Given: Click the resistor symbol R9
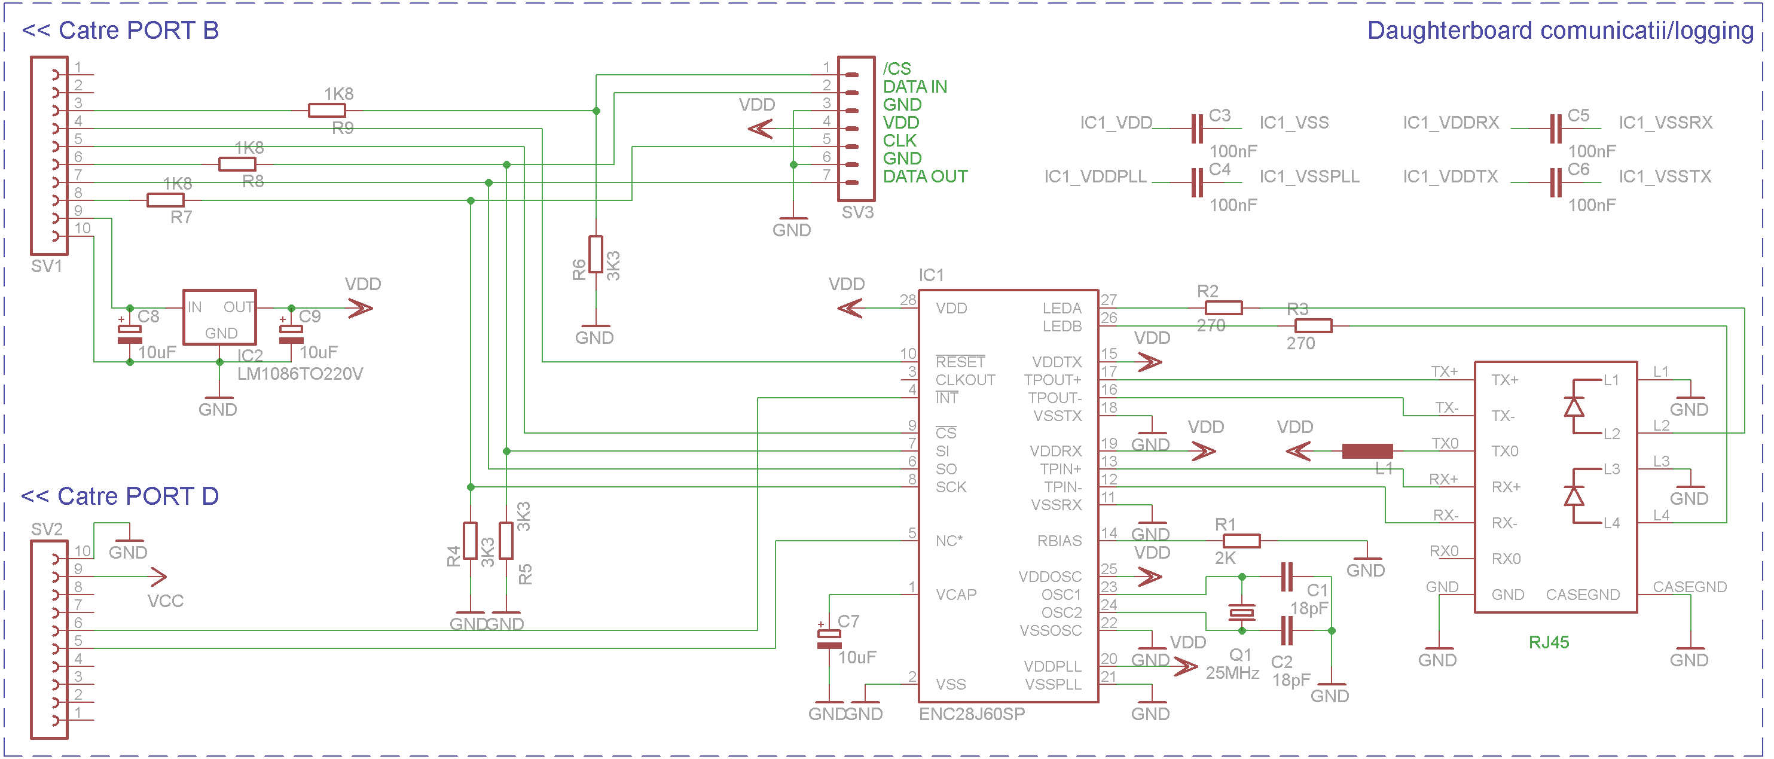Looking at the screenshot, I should pos(326,110).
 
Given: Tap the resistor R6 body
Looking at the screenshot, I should pos(596,254).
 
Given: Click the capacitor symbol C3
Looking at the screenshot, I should pos(1197,129).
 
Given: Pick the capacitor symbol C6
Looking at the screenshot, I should pos(1555,182).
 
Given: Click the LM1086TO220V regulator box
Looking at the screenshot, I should pos(219,318).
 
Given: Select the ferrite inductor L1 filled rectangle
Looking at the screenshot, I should pos(1367,451).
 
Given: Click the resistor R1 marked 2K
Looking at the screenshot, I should pos(1242,541).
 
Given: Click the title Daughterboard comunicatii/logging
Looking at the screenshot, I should pos(1560,31).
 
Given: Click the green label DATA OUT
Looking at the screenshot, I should pos(925,177).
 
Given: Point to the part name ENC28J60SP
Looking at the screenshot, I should pos(972,714).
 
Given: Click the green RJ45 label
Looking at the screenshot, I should pos(1548,642).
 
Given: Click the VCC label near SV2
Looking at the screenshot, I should pos(165,601).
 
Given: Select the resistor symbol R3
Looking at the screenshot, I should pos(1313,326).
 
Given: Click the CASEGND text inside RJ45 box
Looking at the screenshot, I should pos(1583,595).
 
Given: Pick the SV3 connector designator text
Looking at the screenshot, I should pos(857,213).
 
